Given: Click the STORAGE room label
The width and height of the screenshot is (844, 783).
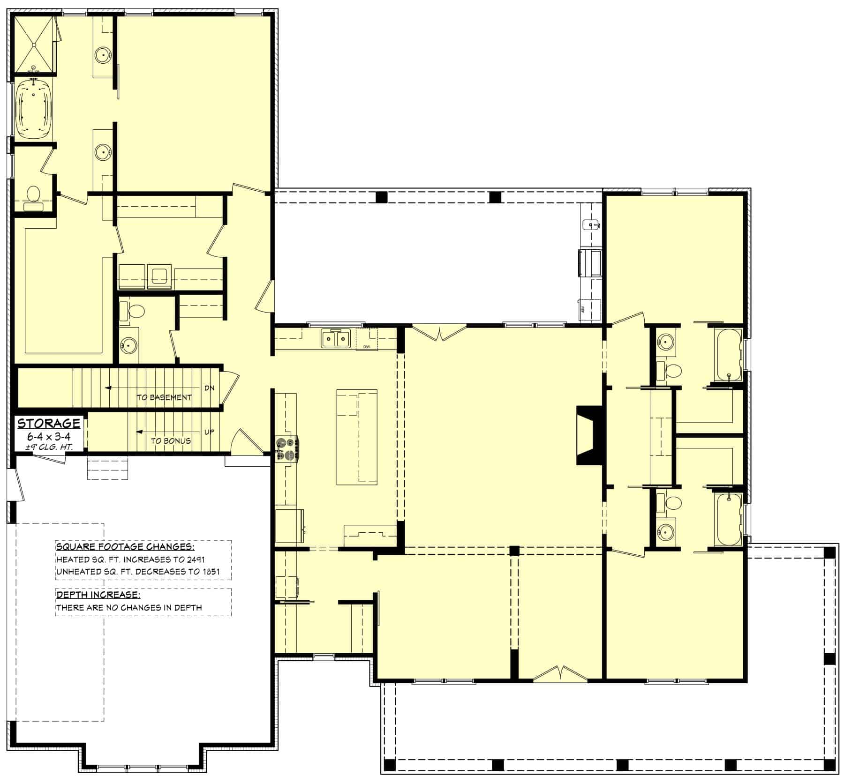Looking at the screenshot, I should (x=49, y=423).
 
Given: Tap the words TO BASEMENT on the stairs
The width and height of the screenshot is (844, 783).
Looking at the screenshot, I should (x=164, y=397).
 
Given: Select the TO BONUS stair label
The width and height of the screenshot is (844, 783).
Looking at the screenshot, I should (x=171, y=441).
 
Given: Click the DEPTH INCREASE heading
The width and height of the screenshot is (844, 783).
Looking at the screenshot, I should (x=98, y=595).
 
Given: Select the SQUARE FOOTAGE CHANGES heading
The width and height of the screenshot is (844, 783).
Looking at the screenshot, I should (x=125, y=547).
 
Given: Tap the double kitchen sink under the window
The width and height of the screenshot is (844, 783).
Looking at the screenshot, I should (x=335, y=338).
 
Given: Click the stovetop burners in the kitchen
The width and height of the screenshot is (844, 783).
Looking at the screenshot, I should (x=286, y=448).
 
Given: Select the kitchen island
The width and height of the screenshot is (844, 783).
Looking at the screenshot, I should (x=357, y=437).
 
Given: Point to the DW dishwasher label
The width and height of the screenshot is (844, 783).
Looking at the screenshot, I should (x=366, y=347).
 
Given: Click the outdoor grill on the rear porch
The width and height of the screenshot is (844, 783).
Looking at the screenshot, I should (x=589, y=263).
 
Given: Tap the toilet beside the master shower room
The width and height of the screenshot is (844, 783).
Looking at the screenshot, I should (x=33, y=194).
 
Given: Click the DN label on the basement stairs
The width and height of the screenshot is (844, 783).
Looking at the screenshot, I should (x=209, y=388).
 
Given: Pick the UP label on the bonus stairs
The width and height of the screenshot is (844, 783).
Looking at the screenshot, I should (x=209, y=432).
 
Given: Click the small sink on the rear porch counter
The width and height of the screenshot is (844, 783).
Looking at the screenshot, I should (x=590, y=225).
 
